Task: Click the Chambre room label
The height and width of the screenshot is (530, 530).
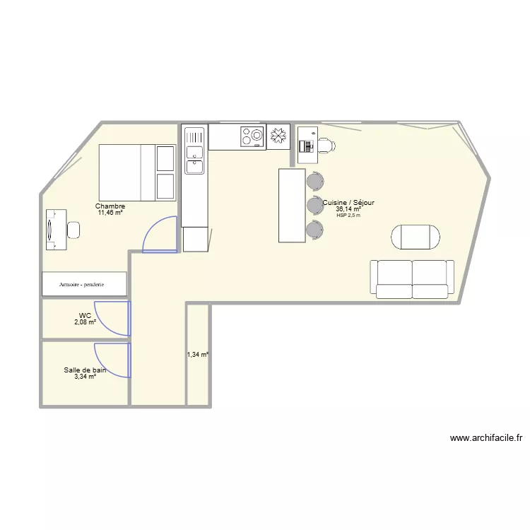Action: [x=111, y=206]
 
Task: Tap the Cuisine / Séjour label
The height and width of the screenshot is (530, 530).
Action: [x=348, y=203]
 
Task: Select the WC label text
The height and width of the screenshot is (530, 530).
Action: [x=85, y=316]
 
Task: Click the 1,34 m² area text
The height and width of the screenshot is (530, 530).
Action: [x=198, y=355]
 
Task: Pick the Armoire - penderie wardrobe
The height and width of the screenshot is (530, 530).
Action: [x=85, y=284]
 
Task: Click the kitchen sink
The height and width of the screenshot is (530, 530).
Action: [x=194, y=159]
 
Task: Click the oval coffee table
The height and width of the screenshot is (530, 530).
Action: [x=417, y=237]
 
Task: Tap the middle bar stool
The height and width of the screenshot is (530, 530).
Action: [x=314, y=206]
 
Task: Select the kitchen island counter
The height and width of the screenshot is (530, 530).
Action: [x=292, y=205]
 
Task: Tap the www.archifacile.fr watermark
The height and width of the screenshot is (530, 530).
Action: [x=485, y=438]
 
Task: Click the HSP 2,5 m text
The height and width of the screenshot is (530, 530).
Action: [x=348, y=216]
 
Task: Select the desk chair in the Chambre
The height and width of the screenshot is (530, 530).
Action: [x=73, y=230]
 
